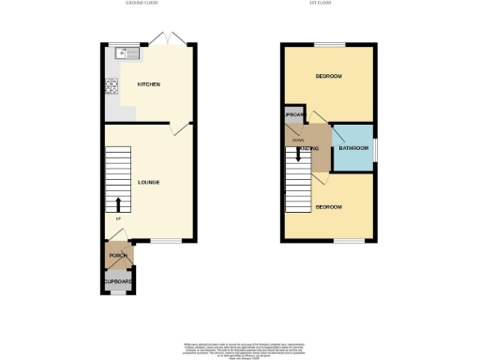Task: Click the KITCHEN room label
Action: pos(149,84)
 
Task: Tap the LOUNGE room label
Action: pos(148,181)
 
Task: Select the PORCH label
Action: pos(118,255)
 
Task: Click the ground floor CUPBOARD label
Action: pos(118,281)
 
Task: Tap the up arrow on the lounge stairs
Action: pos(118,205)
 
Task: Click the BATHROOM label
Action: pos(353,148)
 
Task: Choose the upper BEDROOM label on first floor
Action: pos(328,76)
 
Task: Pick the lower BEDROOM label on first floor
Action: pos(328,205)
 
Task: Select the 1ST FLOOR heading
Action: pos(328,3)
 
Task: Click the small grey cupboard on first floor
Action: pos(294,115)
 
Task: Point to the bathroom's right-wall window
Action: pos(375,148)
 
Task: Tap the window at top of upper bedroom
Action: pos(329,44)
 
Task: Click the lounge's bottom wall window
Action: pos(167,240)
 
